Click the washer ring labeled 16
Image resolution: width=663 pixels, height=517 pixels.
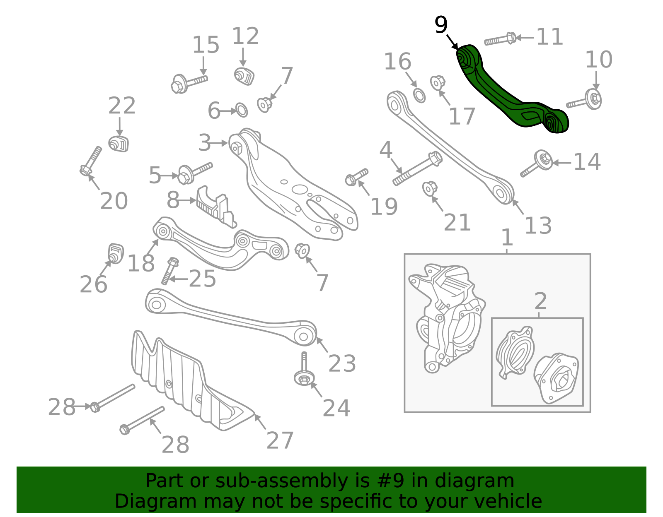pos(419,95)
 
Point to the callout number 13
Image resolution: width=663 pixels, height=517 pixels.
pos(538,226)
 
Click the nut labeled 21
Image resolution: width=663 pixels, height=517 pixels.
pos(430,189)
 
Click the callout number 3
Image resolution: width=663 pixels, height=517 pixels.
pos(204,143)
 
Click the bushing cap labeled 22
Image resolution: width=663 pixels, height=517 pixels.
pos(119,144)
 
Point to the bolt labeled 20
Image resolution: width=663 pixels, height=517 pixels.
pos(91,161)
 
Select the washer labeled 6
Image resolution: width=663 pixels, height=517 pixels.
pos(242,111)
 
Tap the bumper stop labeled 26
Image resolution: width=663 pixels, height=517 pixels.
pos(116,253)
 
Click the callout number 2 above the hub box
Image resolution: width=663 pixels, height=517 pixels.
pos(540,301)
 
